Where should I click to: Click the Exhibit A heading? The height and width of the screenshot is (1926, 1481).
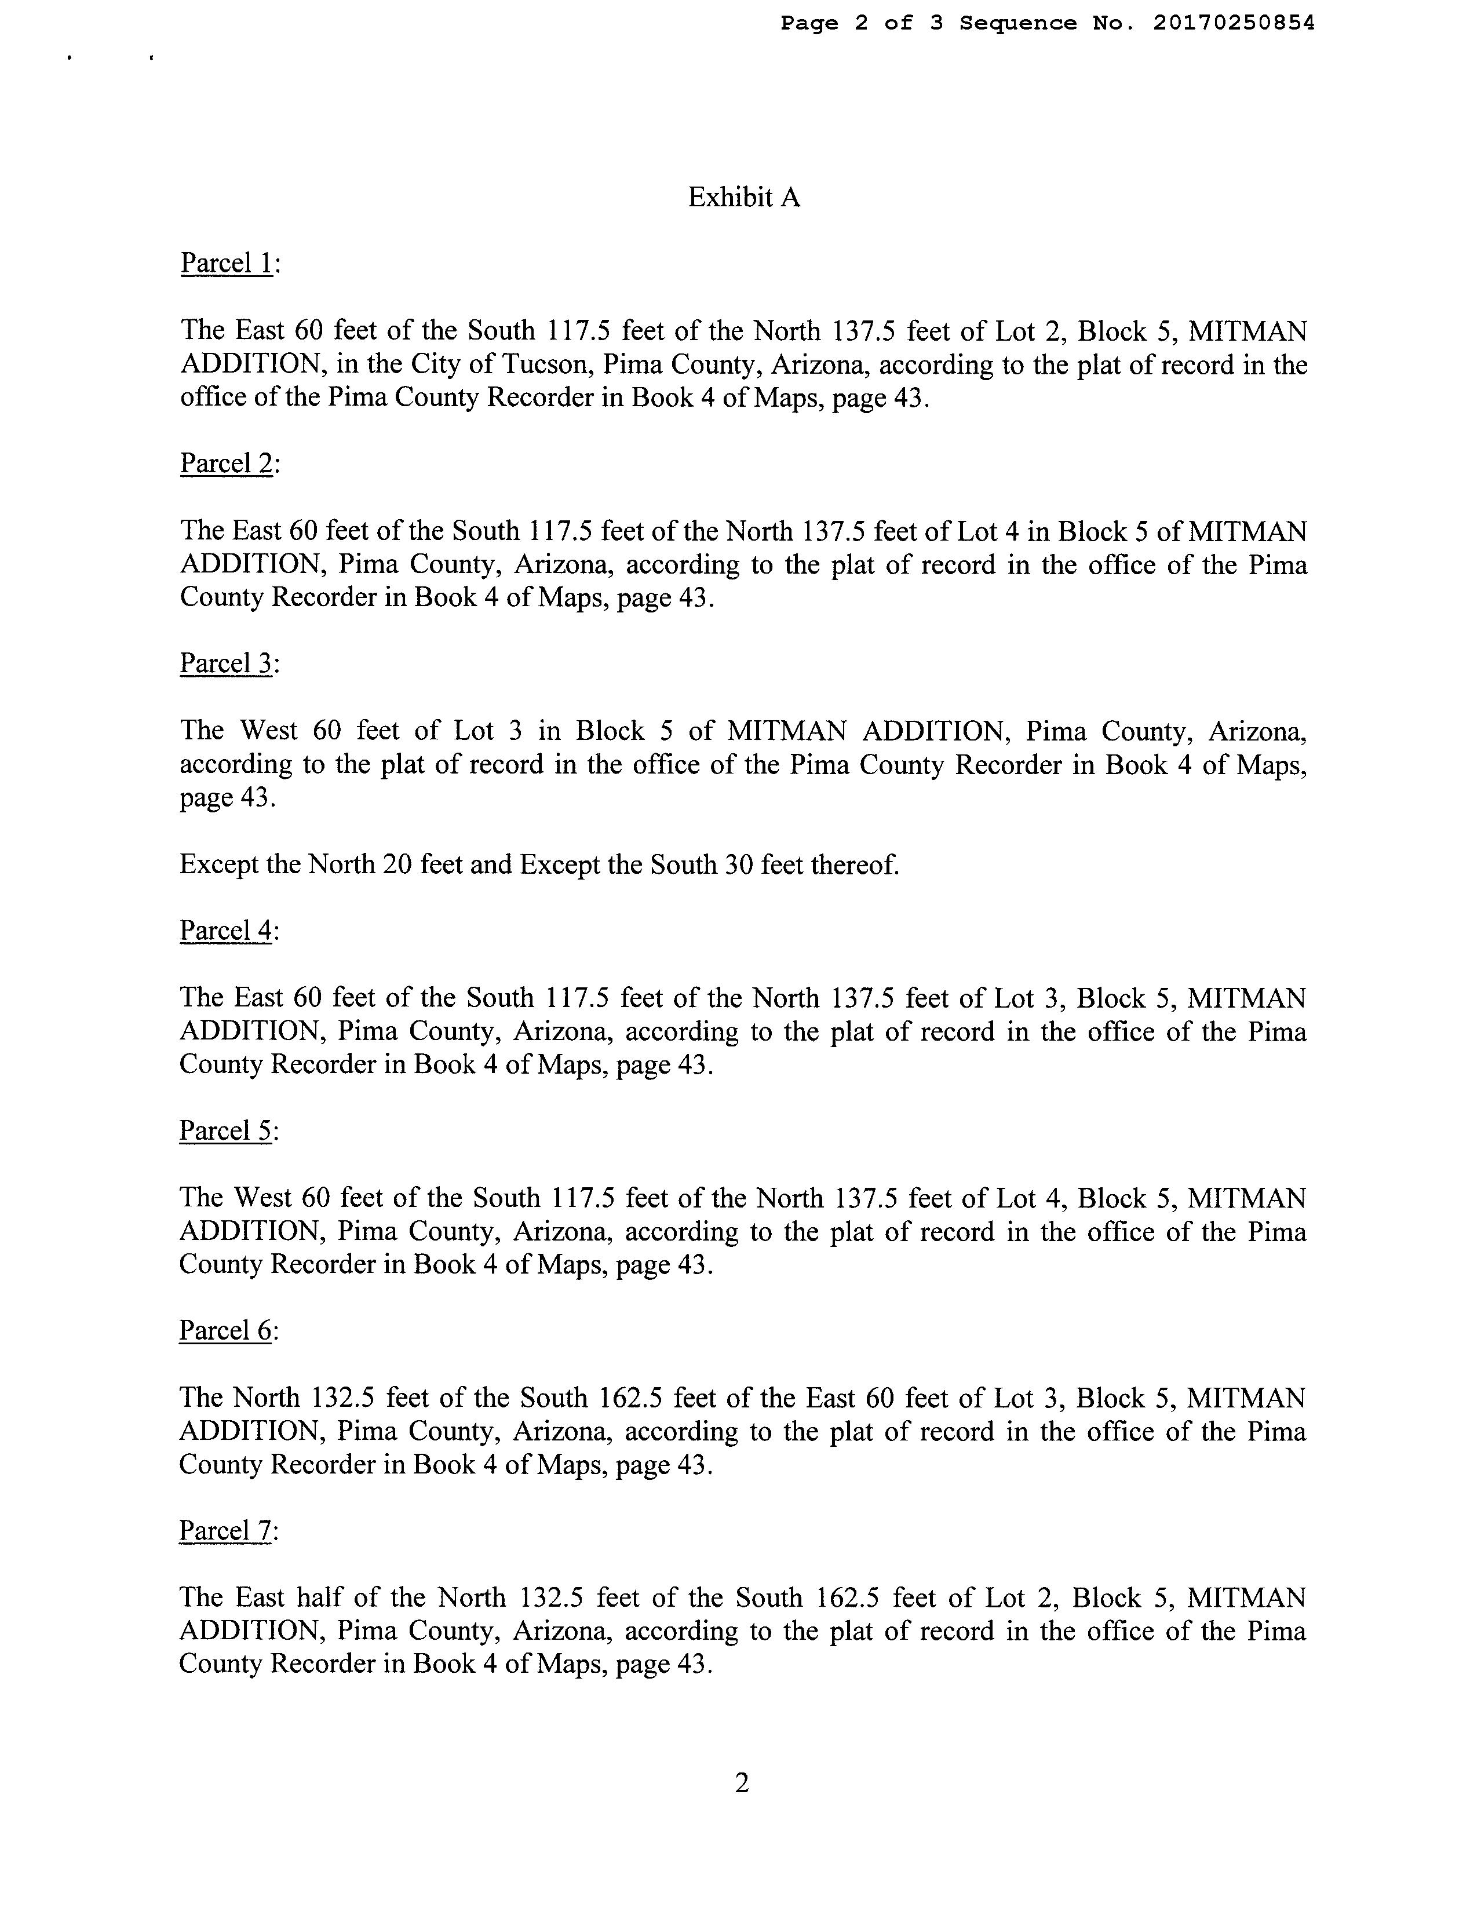click(743, 198)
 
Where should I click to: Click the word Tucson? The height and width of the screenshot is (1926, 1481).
click(543, 365)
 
